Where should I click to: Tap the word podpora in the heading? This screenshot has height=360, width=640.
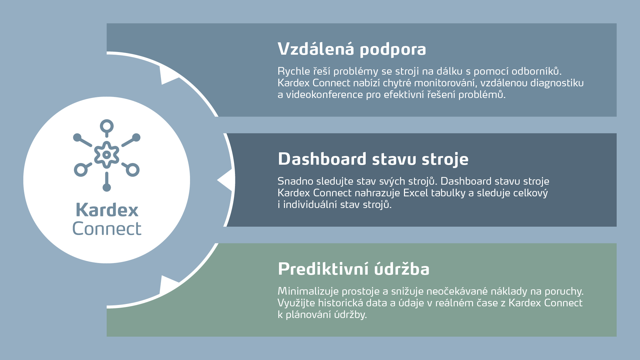[393, 50]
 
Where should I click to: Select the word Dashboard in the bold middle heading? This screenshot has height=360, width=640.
[322, 159]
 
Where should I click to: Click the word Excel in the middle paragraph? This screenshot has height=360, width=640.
[415, 193]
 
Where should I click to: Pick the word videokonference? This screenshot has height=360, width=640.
[324, 95]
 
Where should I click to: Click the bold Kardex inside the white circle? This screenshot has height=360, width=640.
[107, 210]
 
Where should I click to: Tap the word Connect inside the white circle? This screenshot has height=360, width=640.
[107, 229]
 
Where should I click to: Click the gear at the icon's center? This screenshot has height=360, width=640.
[107, 155]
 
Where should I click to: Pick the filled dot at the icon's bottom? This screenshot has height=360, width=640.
[107, 187]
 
